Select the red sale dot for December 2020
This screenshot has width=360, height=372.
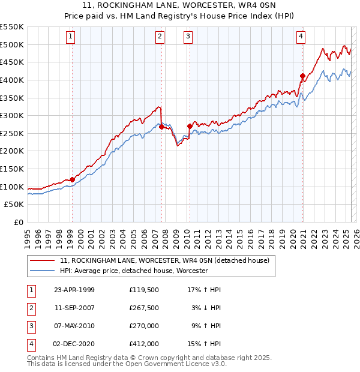pos(302,76)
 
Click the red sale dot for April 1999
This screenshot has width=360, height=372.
pos(72,179)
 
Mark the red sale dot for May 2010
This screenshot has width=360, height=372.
pos(190,126)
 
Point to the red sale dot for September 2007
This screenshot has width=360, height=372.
pos(161,127)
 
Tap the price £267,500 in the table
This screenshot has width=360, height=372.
pos(143,308)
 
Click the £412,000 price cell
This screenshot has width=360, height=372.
pos(143,344)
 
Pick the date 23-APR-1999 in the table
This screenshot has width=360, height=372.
pos(74,290)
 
